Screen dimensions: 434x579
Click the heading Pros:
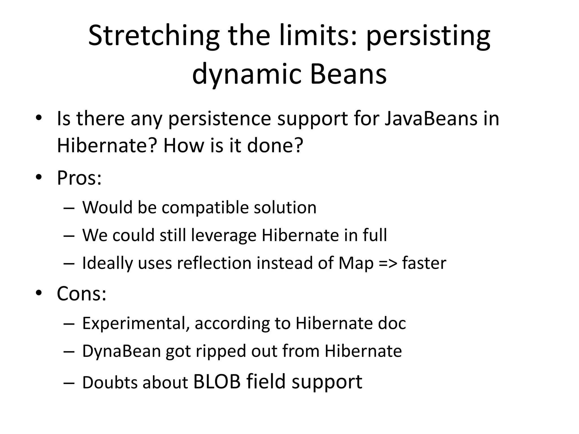click(x=79, y=178)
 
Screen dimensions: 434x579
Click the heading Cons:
click(x=81, y=294)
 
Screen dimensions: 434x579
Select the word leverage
click(x=223, y=235)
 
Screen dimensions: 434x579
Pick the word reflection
click(x=214, y=263)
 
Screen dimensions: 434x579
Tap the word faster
click(x=424, y=263)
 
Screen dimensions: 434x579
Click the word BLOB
click(x=217, y=382)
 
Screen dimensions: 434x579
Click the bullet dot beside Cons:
click(x=39, y=293)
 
